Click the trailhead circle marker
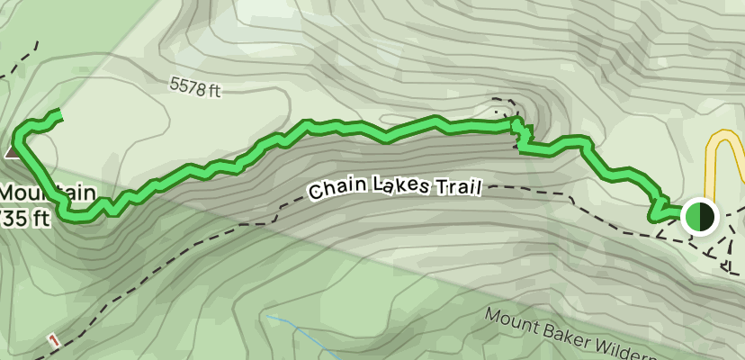pos(699,217)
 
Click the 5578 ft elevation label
pos(194,88)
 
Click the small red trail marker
pos(54,340)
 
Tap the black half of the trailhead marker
pos(706,217)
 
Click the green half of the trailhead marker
pos(693,217)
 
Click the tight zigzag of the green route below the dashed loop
pos(521,136)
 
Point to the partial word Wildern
pos(684,349)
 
